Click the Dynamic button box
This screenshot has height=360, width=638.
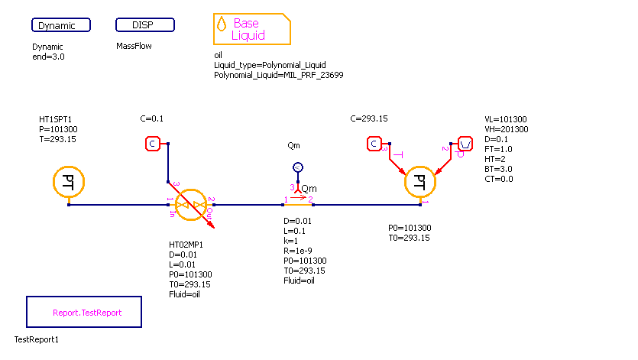pos(61,25)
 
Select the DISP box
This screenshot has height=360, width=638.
pos(145,25)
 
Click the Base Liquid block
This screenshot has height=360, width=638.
pos(251,29)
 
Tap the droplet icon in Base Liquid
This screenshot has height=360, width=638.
pos(222,24)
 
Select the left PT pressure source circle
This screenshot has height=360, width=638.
pos(68,182)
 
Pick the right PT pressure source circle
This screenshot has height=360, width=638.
pos(419,182)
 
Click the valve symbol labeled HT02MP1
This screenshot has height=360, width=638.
pos(190,205)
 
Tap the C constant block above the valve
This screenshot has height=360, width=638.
pos(152,144)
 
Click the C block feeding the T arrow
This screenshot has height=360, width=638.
pos(374,144)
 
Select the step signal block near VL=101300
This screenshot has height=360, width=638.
pos(466,144)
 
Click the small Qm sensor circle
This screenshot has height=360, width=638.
pos(298,167)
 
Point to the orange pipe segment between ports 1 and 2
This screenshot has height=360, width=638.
pos(298,205)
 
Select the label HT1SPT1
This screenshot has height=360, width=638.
pos(55,120)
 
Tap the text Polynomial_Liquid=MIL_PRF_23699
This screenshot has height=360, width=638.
pos(278,75)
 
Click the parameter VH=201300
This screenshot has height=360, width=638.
pos(506,129)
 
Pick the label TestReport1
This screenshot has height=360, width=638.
pos(36,339)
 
